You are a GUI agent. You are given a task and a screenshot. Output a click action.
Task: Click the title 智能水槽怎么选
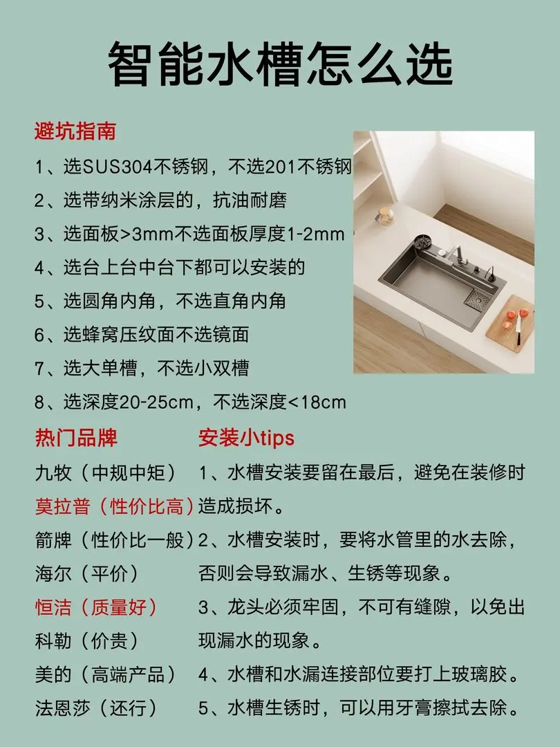click(x=280, y=64)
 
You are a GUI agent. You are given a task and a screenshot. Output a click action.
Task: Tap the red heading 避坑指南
click(x=75, y=131)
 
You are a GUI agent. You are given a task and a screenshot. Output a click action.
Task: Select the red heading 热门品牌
click(x=76, y=437)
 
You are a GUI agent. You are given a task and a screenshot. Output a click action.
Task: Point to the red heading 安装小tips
click(x=246, y=437)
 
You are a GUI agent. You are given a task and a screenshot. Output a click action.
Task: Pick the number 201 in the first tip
click(x=280, y=166)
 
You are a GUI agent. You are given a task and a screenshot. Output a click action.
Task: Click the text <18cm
click(x=317, y=402)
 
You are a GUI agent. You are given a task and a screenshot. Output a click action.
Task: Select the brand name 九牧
click(x=53, y=472)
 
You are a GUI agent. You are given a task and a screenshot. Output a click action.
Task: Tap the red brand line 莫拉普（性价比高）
click(x=114, y=506)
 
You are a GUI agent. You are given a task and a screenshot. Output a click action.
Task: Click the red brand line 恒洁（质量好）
click(x=96, y=607)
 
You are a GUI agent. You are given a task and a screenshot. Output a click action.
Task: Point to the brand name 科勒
click(x=53, y=640)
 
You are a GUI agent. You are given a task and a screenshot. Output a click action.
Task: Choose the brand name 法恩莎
click(x=62, y=708)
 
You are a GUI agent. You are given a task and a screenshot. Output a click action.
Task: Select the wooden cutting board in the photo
click(x=510, y=323)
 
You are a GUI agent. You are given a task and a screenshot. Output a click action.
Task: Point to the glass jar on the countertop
click(x=385, y=215)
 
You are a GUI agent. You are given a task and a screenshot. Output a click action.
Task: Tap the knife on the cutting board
click(x=518, y=329)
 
